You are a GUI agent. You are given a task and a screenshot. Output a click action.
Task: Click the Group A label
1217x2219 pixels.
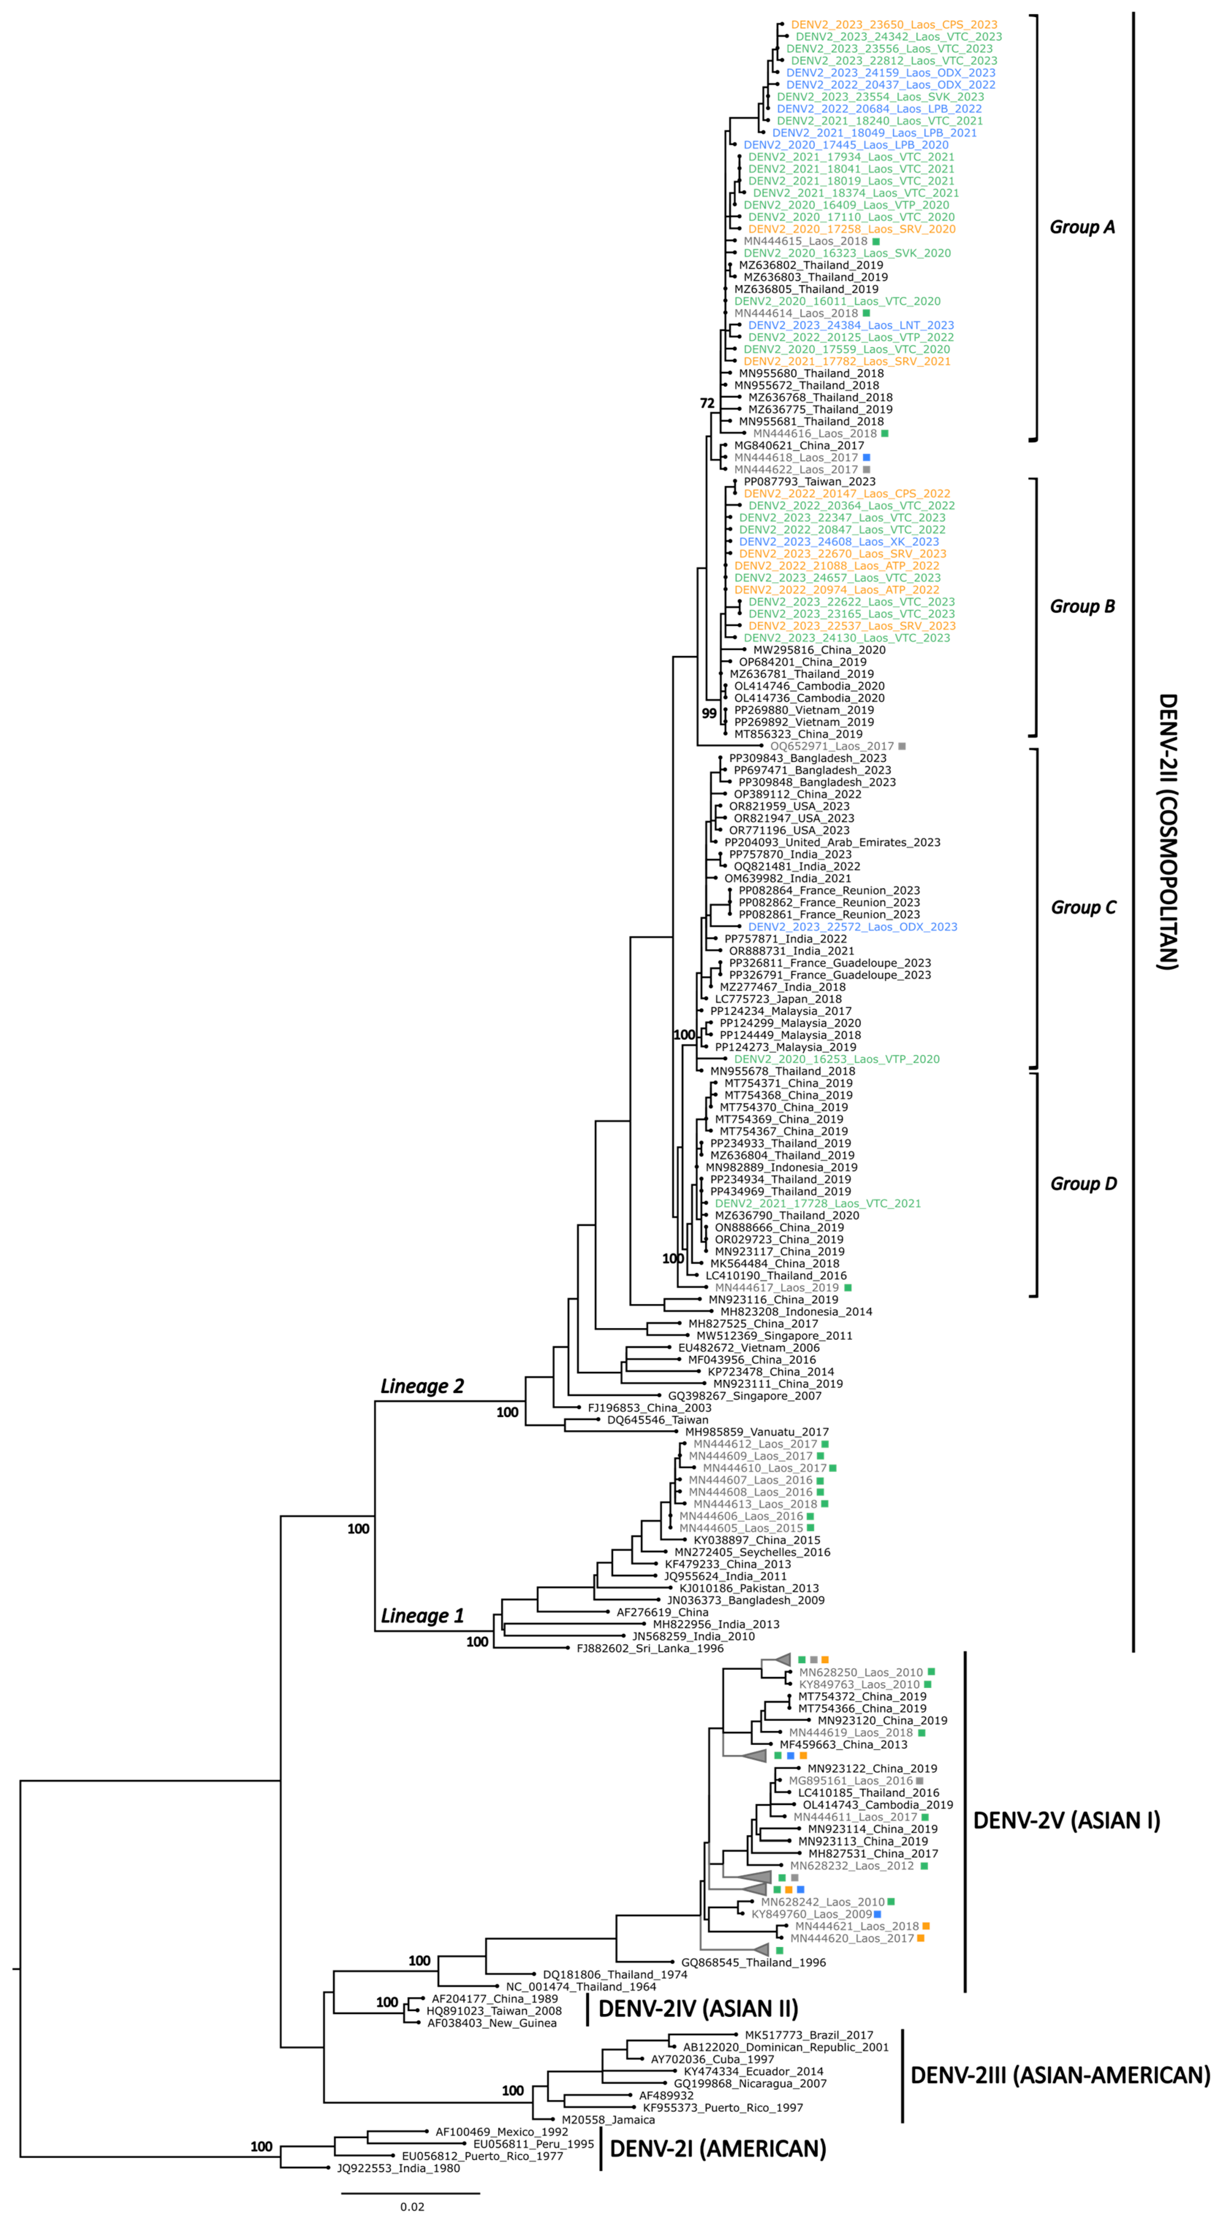1082,227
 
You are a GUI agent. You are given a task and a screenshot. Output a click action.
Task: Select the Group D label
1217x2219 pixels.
1083,1184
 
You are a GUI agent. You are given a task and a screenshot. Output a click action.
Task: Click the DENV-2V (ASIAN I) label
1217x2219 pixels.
1066,1820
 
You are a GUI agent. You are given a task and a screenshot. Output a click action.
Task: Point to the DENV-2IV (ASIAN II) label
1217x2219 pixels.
698,2009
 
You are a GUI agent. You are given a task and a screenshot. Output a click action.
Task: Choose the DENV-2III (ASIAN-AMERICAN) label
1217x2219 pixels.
1059,2075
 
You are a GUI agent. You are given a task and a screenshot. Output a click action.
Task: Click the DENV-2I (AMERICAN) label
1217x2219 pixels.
717,2148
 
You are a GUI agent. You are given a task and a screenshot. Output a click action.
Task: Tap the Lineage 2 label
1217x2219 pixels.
422,1386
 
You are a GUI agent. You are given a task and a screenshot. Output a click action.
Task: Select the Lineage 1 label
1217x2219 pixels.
422,1616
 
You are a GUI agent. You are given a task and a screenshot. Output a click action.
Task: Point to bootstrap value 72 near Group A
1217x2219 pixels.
707,403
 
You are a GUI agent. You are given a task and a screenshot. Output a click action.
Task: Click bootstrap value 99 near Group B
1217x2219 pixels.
709,713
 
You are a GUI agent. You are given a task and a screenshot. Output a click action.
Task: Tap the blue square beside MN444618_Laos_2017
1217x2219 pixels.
867,458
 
